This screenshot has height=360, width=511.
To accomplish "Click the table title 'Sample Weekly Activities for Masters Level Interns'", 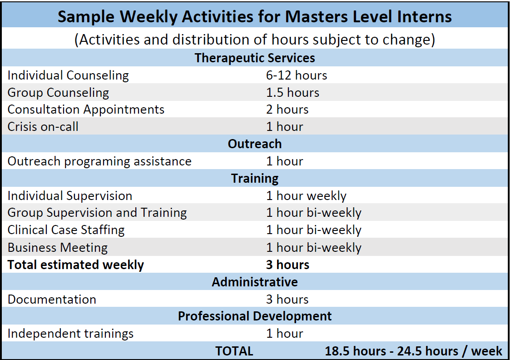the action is click(x=254, y=17).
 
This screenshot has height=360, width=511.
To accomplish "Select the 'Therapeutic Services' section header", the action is click(x=255, y=58).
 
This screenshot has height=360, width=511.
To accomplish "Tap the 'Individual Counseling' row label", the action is click(x=68, y=75).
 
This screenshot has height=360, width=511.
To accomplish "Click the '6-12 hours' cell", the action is click(x=297, y=75).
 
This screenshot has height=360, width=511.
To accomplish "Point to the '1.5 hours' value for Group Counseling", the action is click(x=293, y=93).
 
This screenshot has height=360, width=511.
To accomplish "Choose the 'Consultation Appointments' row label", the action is click(x=86, y=110).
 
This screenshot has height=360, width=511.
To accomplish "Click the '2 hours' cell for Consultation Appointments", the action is click(x=288, y=110).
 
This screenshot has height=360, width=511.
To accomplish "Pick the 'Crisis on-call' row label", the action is click(x=43, y=127).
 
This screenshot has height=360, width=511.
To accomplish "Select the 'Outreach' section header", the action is click(x=255, y=144).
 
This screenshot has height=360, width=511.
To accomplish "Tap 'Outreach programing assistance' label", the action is click(x=99, y=161).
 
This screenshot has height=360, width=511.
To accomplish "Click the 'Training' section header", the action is click(x=255, y=179).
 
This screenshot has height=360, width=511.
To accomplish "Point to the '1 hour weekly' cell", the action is click(x=306, y=196).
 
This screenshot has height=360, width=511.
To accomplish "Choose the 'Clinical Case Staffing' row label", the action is click(x=66, y=230).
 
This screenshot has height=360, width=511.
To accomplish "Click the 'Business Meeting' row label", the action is click(x=58, y=248).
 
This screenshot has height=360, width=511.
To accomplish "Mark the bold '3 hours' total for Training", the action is click(x=288, y=265).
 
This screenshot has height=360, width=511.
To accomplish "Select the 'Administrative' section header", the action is click(x=255, y=282).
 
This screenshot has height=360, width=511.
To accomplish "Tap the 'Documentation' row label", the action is click(x=52, y=300).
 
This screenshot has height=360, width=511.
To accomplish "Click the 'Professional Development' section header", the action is click(x=255, y=316).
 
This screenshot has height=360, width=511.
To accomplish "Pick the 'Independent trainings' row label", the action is click(x=70, y=334).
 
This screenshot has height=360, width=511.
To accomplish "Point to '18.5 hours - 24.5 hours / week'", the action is click(x=413, y=351).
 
